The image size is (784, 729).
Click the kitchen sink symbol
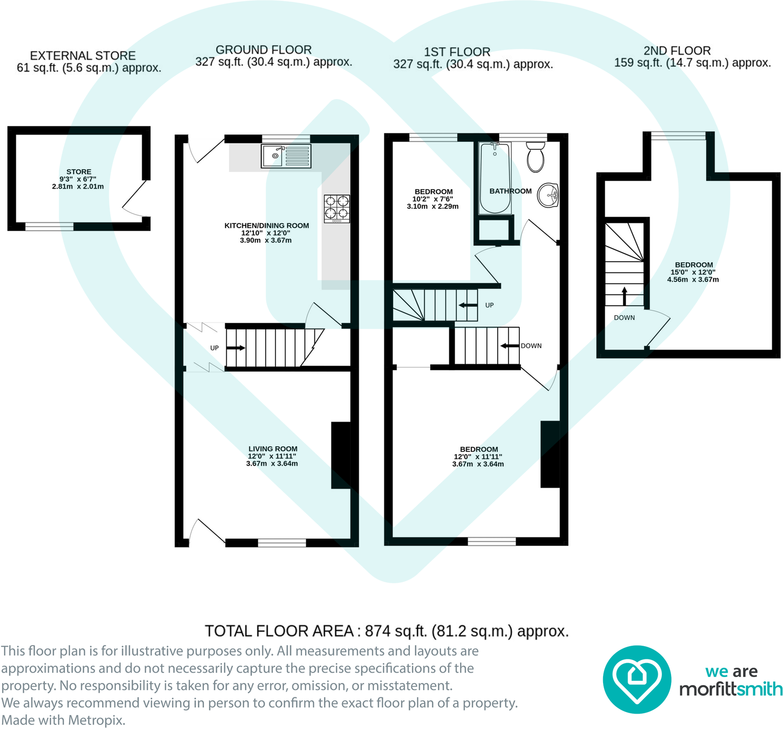coord(286,156)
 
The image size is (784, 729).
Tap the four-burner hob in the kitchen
coord(337,209)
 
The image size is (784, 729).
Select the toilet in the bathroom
coord(536,157)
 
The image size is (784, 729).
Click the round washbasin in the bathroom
coord(549,195)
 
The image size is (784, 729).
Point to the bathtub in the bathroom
coord(495,178)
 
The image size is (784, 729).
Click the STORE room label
coord(78,172)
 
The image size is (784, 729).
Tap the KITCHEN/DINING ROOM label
coord(266,225)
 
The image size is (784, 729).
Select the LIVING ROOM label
coord(272,449)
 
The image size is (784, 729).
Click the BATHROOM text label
coord(510,191)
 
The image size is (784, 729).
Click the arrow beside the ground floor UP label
coord(236,348)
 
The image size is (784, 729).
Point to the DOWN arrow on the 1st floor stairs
coord(510,346)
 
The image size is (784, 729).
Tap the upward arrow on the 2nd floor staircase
coord(624,296)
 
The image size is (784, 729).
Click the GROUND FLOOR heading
coord(263,50)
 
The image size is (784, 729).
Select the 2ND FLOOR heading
coord(677,51)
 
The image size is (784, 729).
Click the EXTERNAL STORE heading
coord(83,56)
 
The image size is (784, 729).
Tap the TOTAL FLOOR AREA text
coord(386,631)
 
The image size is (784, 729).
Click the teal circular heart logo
coord(636,679)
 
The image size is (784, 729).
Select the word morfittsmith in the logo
coord(730,689)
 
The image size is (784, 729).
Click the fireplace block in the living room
coord(341,455)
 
